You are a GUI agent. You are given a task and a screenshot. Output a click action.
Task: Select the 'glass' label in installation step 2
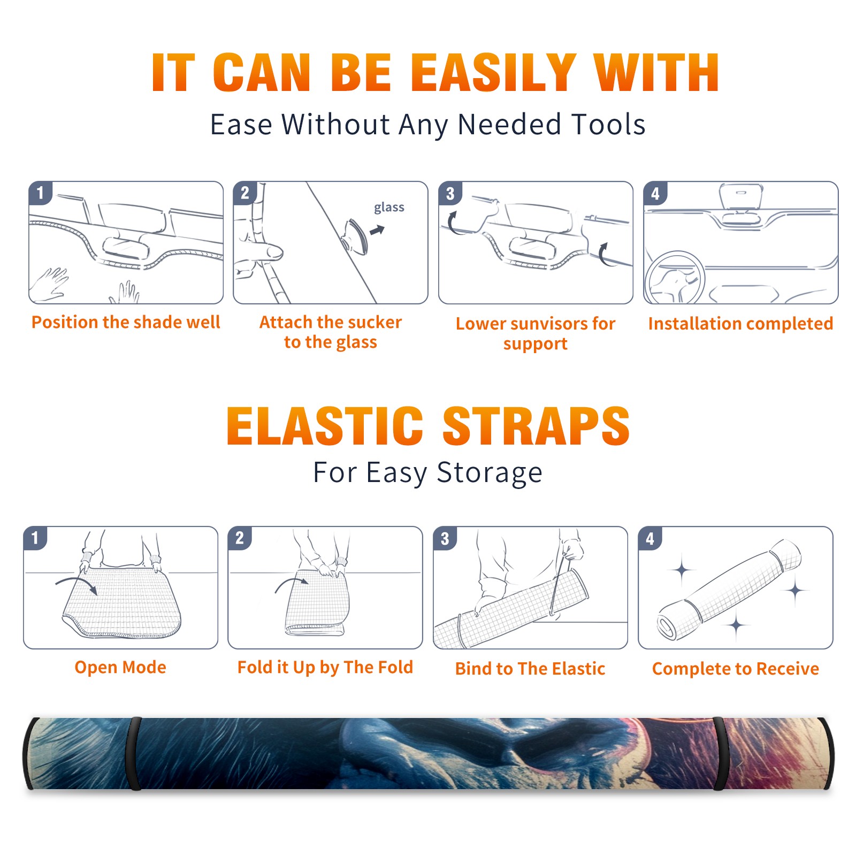pyautogui.click(x=389, y=208)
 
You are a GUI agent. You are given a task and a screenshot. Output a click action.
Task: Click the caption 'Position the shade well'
pyautogui.click(x=126, y=322)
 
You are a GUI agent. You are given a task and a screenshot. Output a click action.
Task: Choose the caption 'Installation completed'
pyautogui.click(x=740, y=324)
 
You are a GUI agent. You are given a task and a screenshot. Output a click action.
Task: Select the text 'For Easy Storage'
pyautogui.click(x=428, y=473)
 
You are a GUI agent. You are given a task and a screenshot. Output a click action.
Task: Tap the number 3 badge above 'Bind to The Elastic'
pyautogui.click(x=445, y=538)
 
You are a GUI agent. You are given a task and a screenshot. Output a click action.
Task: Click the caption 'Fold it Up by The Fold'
pyautogui.click(x=325, y=668)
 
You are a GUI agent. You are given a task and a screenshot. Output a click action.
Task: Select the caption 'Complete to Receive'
pyautogui.click(x=736, y=669)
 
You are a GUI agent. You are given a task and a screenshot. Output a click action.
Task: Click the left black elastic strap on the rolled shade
pyautogui.click(x=135, y=753)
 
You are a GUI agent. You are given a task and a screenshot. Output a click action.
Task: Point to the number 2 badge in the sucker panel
pyautogui.click(x=245, y=193)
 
